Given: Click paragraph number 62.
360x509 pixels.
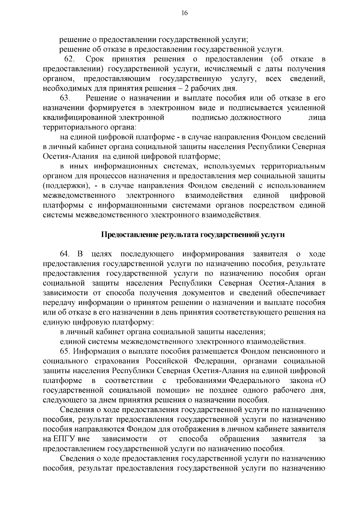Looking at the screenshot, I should point(70,59).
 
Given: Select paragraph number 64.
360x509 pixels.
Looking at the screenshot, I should point(65,254).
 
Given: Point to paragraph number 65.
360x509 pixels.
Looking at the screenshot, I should point(65,351).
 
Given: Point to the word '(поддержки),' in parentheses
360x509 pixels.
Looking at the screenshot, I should point(66,186).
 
